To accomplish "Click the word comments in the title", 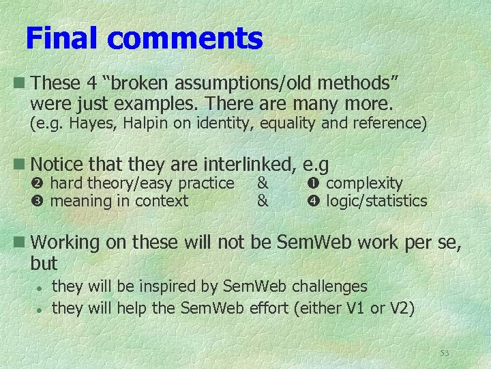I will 185,38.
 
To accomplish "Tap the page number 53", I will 445,353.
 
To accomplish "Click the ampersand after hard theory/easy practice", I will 263,183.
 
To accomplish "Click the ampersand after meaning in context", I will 263,201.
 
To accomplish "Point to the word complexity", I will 364,184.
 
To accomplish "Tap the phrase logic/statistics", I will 376,201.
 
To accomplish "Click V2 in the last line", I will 399,308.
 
